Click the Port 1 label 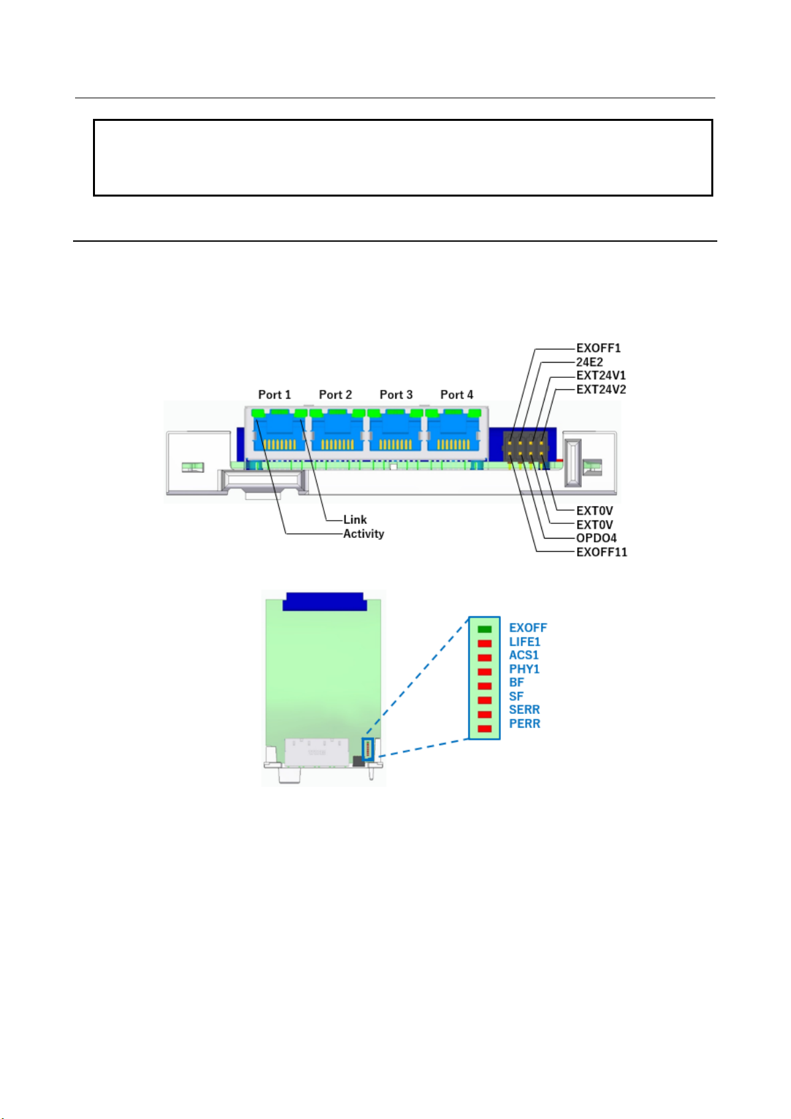274,394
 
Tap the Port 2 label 335,394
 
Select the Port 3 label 396,394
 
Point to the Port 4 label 457,394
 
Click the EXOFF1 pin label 598,348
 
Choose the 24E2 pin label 590,362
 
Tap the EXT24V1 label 601,375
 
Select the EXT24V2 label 601,389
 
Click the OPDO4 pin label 596,538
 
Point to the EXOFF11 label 602,552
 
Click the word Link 355,519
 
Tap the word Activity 363,533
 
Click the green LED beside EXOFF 484,629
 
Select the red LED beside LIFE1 484,644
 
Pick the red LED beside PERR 484,729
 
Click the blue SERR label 524,710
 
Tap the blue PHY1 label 524,669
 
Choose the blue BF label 516,682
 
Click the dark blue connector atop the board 323,601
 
